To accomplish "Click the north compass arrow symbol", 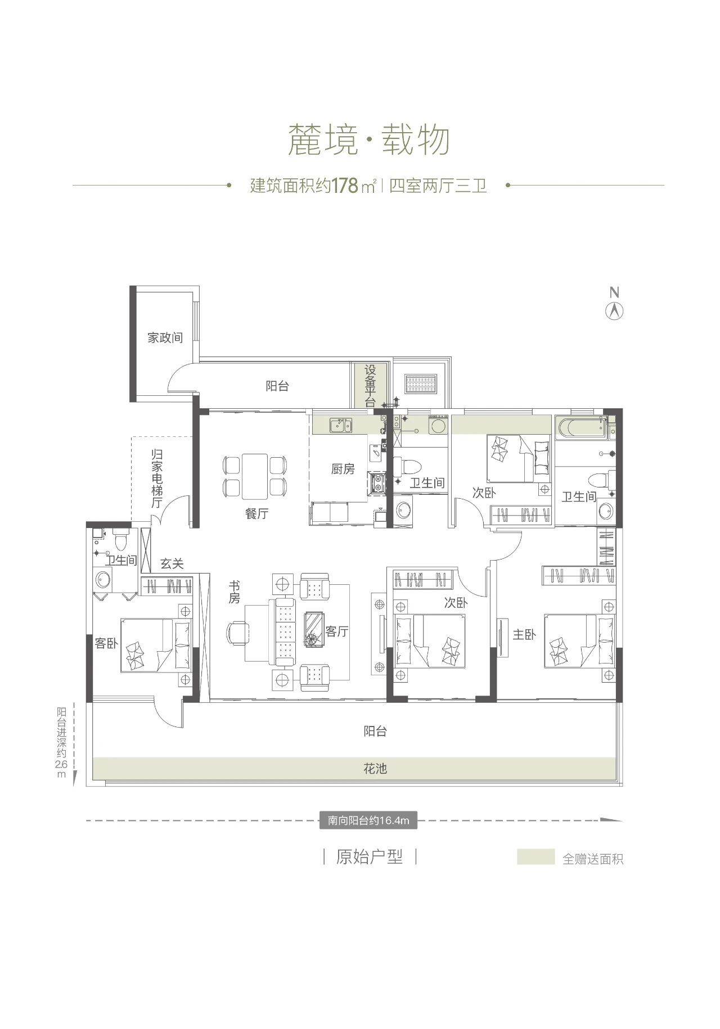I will pyautogui.click(x=615, y=311).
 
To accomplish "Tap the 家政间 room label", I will pyautogui.click(x=165, y=338).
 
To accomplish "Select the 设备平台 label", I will pyautogui.click(x=370, y=385).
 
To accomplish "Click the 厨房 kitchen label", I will pyautogui.click(x=343, y=468).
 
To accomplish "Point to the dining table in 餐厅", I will pyautogui.click(x=254, y=476).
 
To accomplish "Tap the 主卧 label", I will pyautogui.click(x=524, y=635).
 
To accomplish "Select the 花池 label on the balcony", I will pyautogui.click(x=375, y=769).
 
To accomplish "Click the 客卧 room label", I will pyautogui.click(x=106, y=643).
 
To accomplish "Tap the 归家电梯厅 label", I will pyautogui.click(x=157, y=478).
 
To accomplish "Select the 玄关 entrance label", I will pyautogui.click(x=172, y=563).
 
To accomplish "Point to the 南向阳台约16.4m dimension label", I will pyautogui.click(x=368, y=820).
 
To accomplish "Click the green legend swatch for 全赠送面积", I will pyautogui.click(x=535, y=856).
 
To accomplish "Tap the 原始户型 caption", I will pyautogui.click(x=369, y=857).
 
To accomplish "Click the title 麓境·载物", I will pyautogui.click(x=368, y=140).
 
